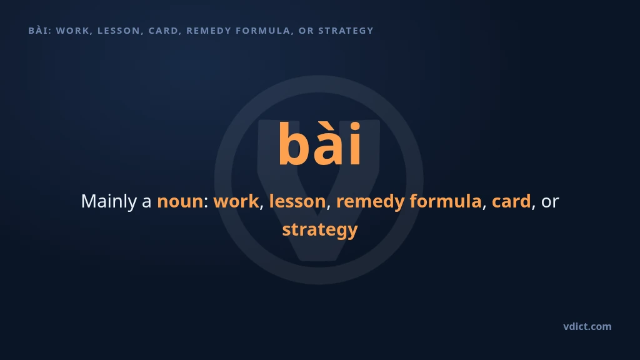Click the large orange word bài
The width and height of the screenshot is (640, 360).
320,143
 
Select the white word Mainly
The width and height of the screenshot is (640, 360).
109,202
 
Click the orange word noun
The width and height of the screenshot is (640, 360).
180,202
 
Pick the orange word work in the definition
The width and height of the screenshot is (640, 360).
236,201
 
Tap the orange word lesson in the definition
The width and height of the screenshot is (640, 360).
297,201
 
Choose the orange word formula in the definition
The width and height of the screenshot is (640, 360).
446,201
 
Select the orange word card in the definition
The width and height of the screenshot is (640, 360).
511,201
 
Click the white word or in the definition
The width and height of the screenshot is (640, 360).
550,202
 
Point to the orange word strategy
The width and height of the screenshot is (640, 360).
320,230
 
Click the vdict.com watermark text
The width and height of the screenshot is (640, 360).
587,326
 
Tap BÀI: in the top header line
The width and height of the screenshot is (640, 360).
40,31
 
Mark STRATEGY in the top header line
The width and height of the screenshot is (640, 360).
346,31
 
